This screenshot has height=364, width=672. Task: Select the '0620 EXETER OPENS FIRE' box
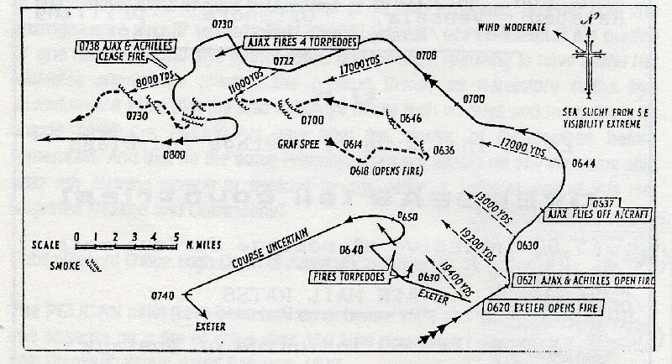[x=545, y=308]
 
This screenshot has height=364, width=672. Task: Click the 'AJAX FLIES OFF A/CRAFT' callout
[x=582, y=208]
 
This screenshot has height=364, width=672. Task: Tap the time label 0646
[x=412, y=118]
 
